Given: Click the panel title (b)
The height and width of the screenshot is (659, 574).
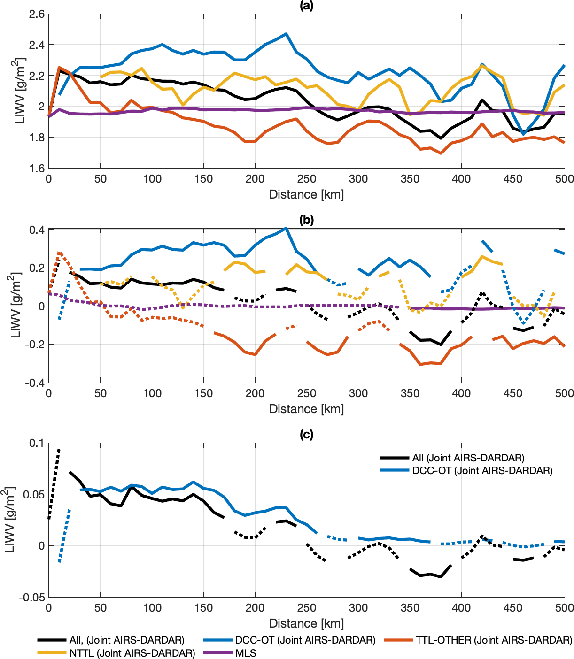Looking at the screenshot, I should click(306, 220).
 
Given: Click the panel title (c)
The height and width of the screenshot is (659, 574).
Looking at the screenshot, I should click(306, 435).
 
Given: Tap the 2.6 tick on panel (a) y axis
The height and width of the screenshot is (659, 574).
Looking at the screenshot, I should click(37, 14).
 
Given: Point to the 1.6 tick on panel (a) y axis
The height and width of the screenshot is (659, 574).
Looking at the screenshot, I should click(37, 168).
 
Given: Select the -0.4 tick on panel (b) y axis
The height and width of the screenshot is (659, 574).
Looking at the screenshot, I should click(35, 383).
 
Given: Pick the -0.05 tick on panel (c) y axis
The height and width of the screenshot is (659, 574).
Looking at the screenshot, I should click(31, 598).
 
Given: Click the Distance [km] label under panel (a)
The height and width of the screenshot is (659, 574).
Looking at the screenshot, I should click(306, 194).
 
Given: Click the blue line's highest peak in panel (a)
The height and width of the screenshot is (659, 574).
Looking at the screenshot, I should click(286, 34).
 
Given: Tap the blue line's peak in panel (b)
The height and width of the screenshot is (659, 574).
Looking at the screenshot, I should click(286, 228).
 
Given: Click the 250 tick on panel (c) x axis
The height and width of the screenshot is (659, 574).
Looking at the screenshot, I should click(307, 608).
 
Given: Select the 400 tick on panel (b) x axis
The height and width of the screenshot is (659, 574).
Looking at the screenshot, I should click(461, 393).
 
